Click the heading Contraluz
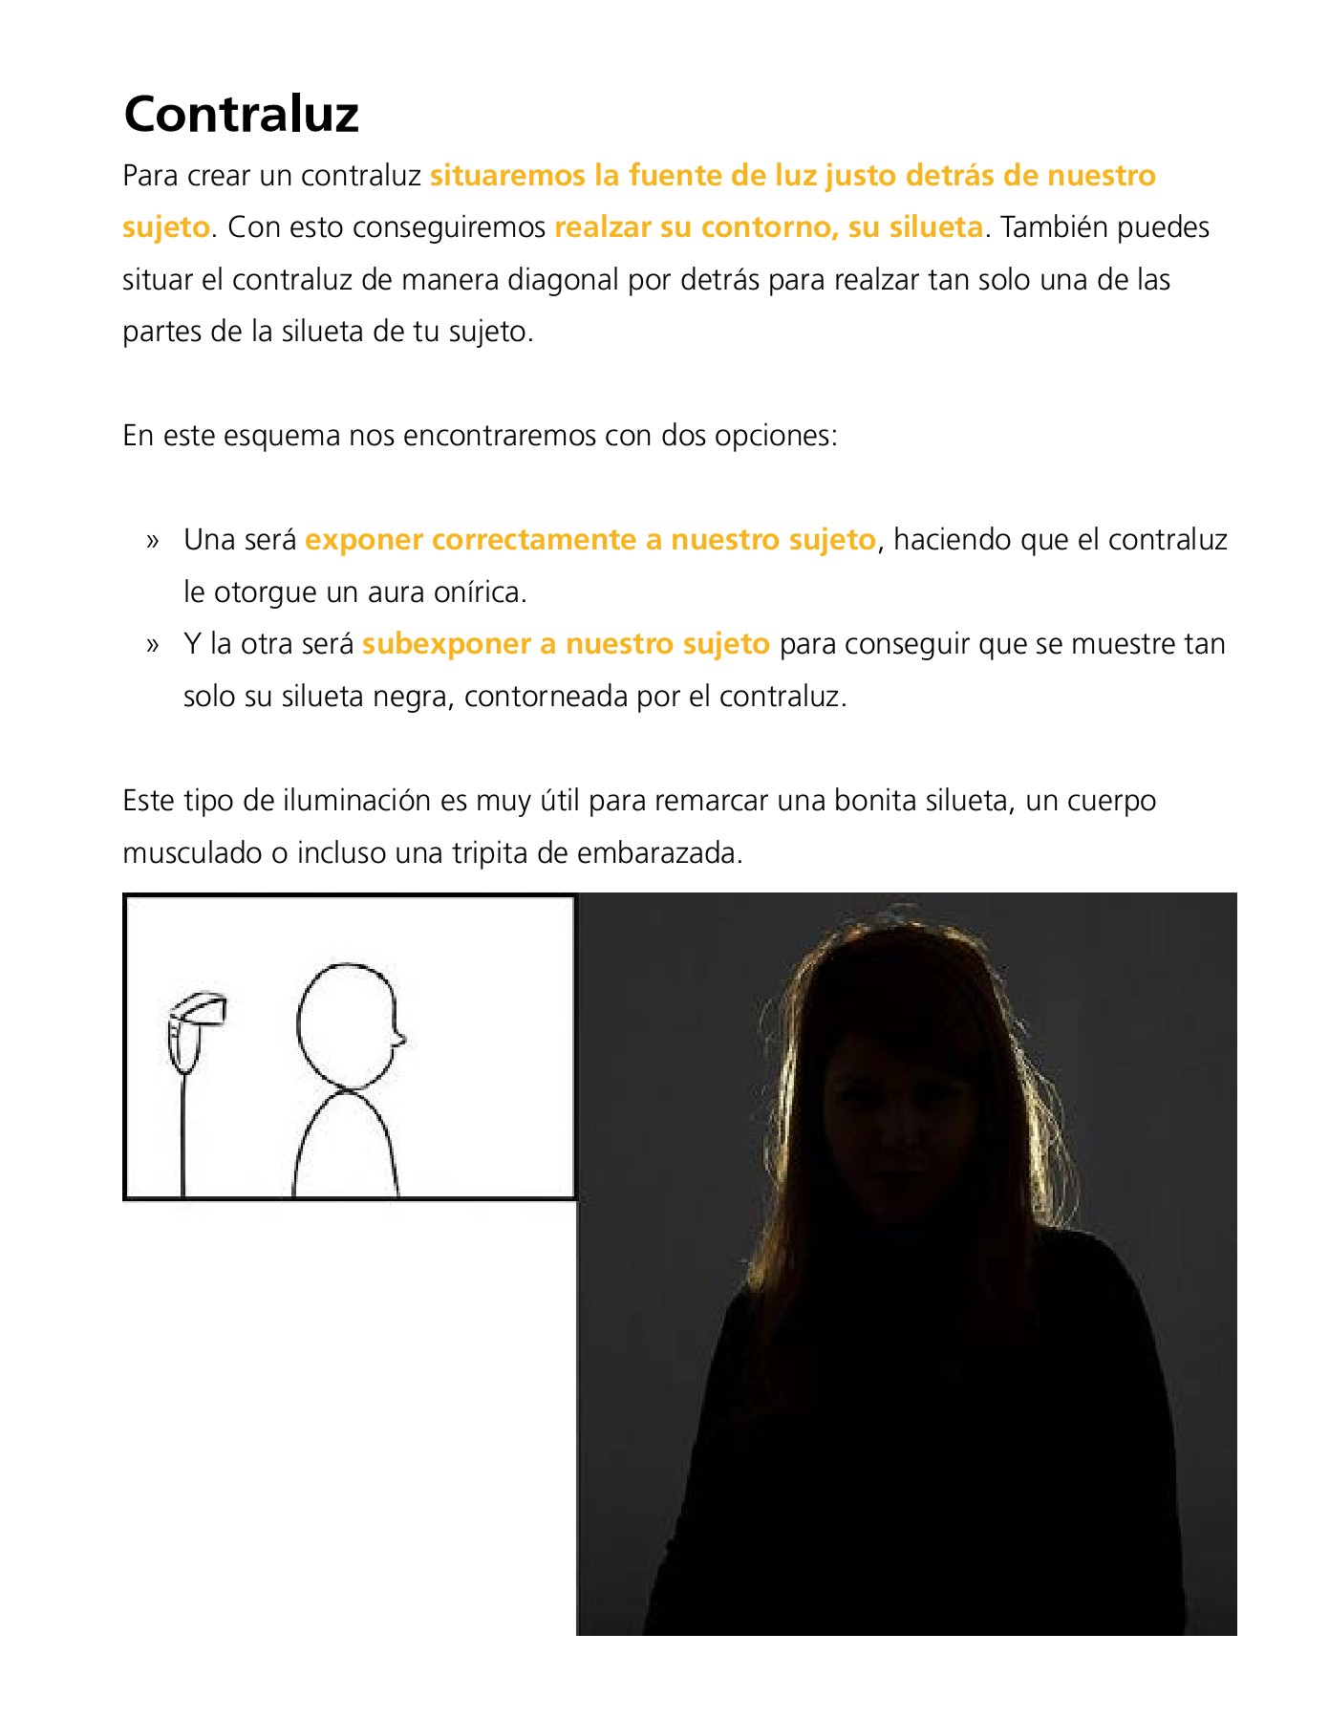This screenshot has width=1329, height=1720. coord(241,114)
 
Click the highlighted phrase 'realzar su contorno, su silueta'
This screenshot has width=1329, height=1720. coord(768,227)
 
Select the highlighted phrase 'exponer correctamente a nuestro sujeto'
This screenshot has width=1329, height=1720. coord(589,540)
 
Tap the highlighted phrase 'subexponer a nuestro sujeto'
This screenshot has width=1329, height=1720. coord(566,644)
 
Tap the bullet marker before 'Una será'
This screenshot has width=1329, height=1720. coord(152,541)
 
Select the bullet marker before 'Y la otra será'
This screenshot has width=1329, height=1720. coord(152,645)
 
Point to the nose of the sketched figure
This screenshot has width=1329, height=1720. coord(399,1036)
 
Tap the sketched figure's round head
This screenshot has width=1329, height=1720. coord(346,1025)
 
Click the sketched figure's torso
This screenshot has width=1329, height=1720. coord(345,1147)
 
